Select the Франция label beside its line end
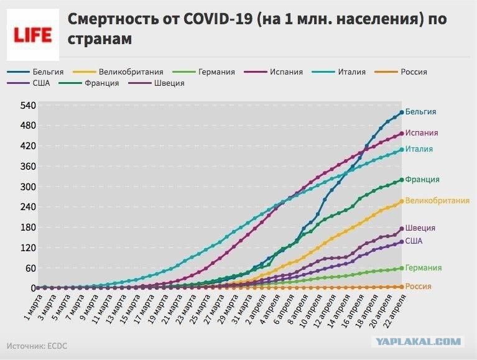pos(422,180)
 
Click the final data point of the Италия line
pos(402,149)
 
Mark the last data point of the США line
pos(402,241)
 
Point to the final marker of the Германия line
pos(402,268)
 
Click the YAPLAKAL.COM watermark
pos(417,341)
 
